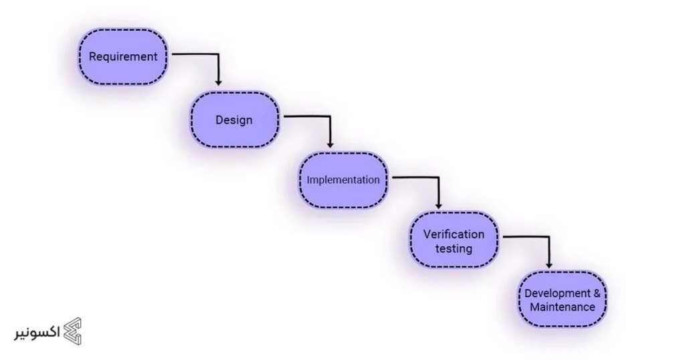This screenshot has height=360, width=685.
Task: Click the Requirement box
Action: point(122,57)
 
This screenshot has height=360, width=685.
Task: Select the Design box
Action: point(234,120)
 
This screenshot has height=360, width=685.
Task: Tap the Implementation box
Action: point(343,180)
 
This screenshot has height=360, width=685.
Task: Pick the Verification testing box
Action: point(454,241)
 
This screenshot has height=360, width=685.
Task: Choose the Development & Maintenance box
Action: point(563,300)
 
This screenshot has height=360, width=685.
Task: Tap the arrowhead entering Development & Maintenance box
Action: point(549,266)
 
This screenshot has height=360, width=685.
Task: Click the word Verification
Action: point(454,234)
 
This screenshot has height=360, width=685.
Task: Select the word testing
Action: point(454,249)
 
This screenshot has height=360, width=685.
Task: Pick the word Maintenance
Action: point(563,308)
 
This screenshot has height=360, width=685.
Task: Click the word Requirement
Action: point(123,57)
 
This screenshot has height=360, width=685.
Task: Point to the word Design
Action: point(234,120)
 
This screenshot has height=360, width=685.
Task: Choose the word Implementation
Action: point(343,180)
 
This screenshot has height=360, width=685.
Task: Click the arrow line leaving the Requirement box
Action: point(194,54)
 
